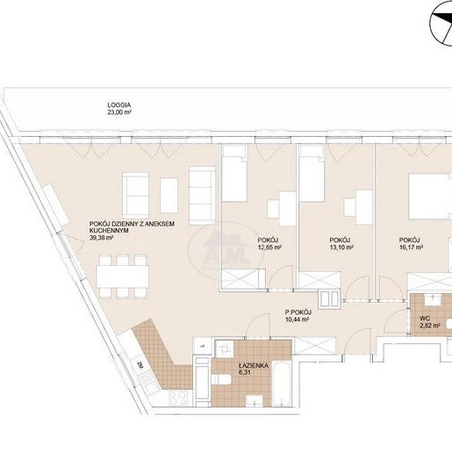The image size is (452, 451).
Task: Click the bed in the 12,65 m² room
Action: pyautogui.click(x=235, y=176)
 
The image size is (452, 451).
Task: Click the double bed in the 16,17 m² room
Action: pyautogui.click(x=430, y=195)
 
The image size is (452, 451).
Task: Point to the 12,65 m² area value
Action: pyautogui.click(x=269, y=248)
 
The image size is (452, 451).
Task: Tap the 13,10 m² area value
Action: pyautogui.click(x=341, y=248)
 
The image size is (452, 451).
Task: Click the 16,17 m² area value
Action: pyautogui.click(x=411, y=248)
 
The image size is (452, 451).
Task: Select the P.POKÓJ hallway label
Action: pyautogui.click(x=299, y=312)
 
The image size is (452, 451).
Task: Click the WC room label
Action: pyautogui.click(x=424, y=317)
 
